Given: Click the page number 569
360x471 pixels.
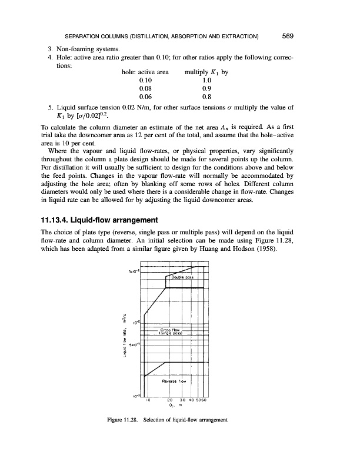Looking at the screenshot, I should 288,35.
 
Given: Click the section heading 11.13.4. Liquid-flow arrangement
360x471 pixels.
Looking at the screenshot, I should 105,204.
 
